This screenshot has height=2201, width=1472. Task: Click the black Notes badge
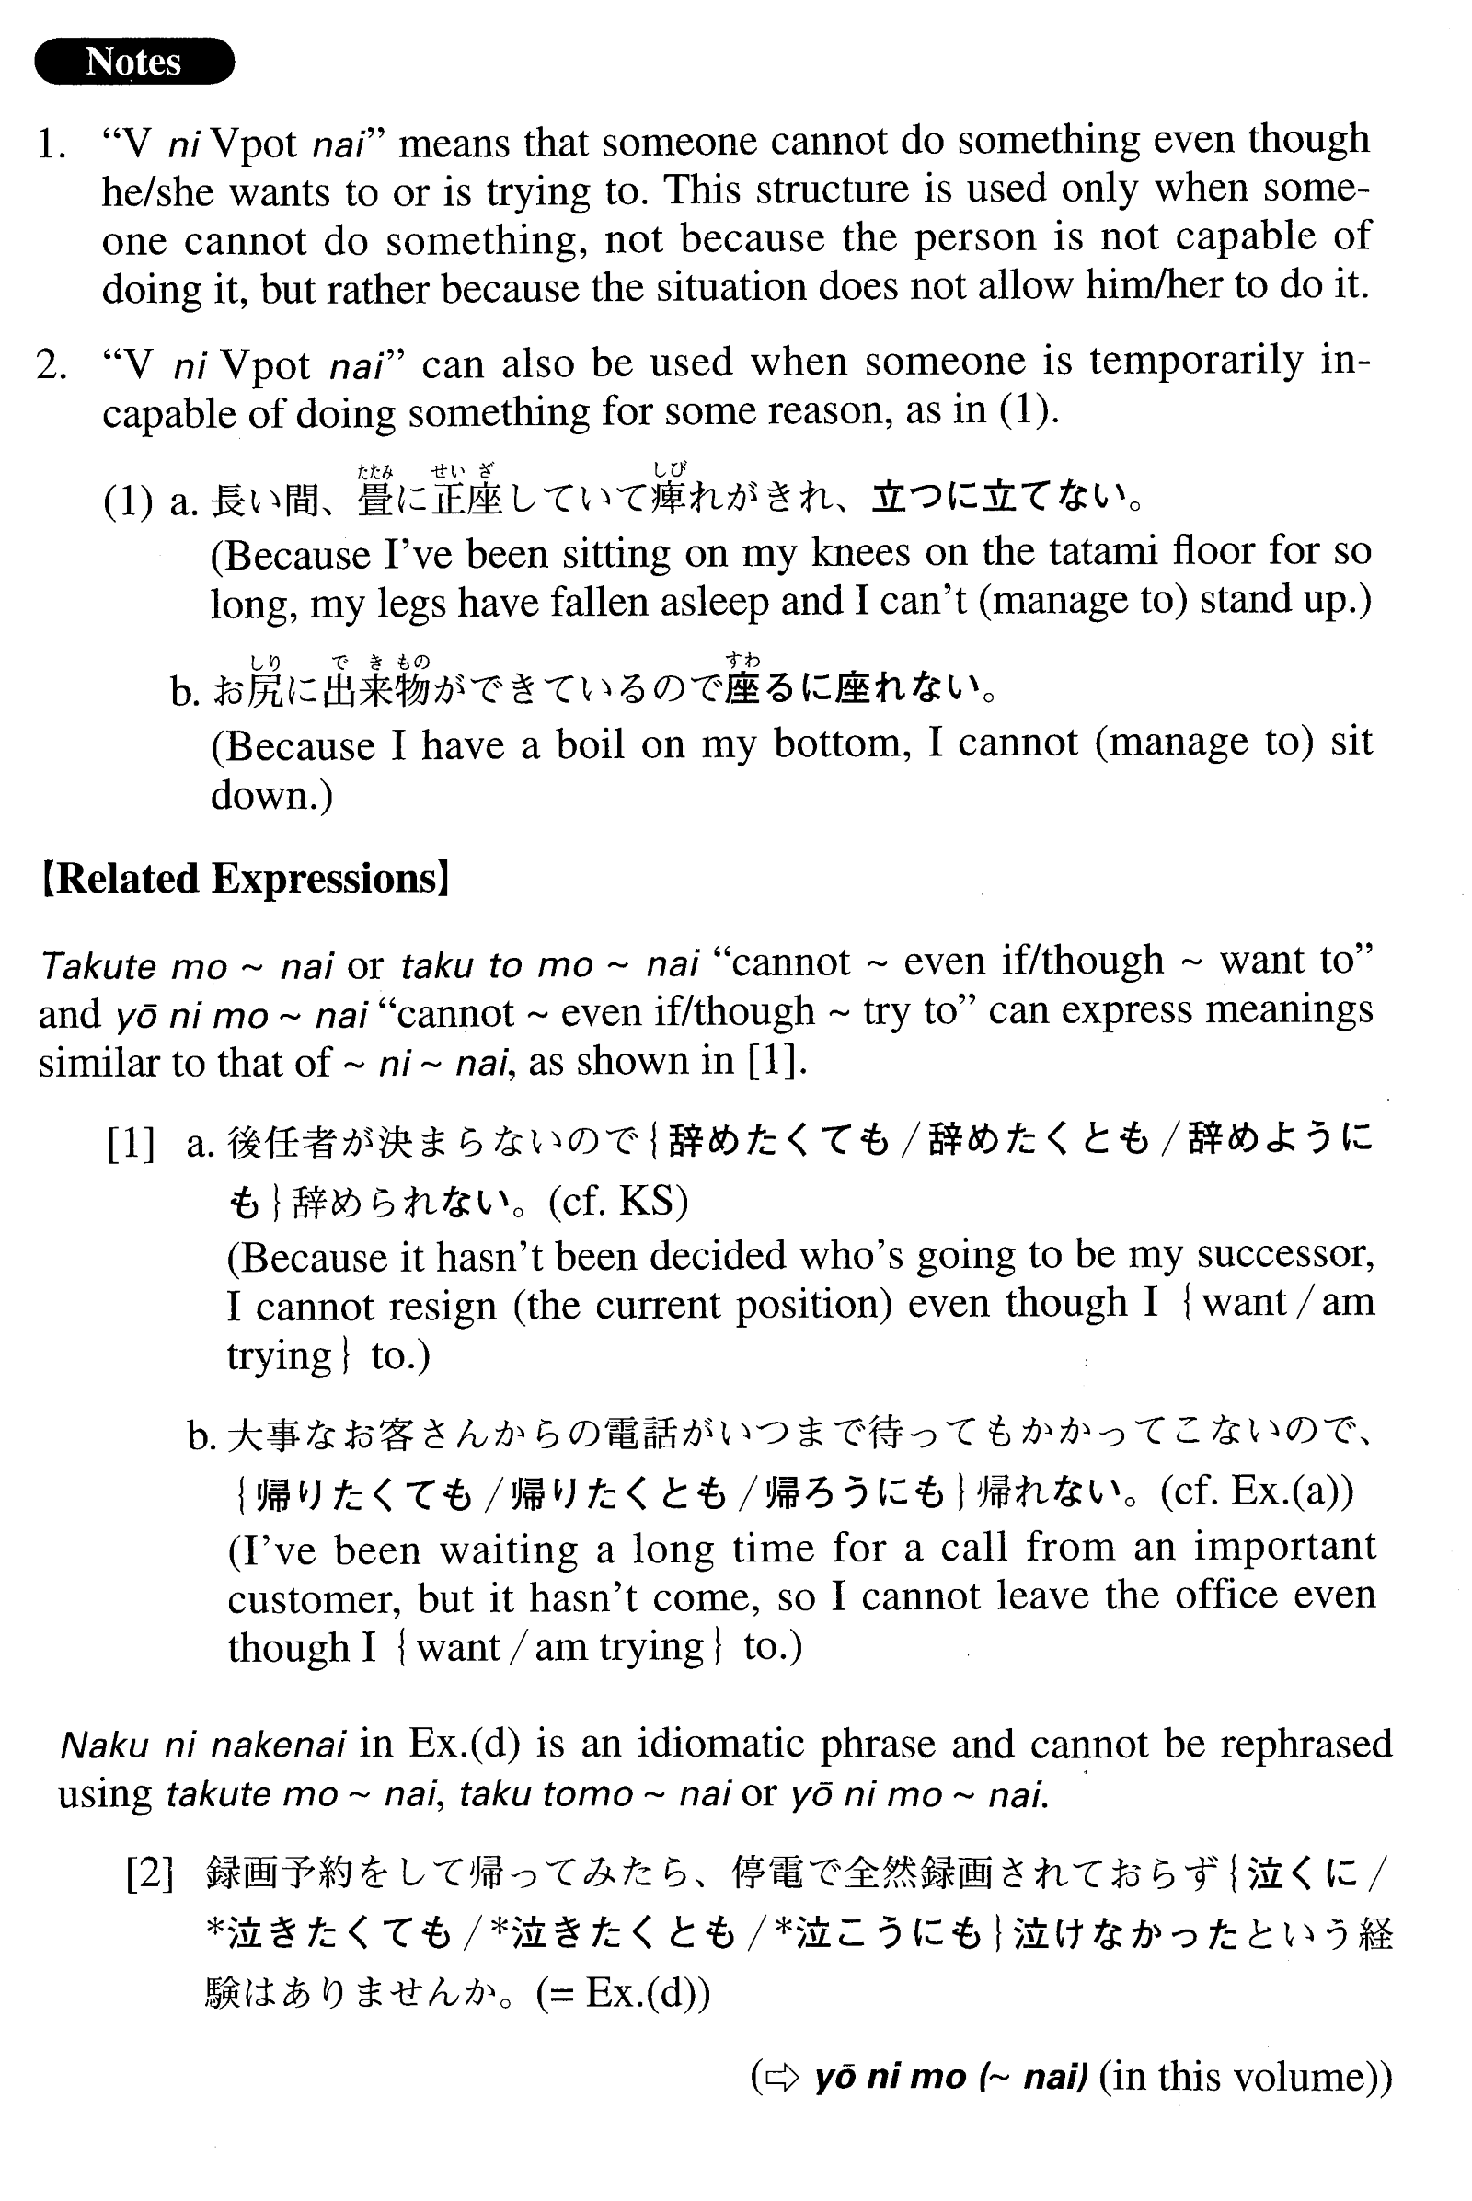click(x=134, y=62)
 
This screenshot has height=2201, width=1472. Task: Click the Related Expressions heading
click(x=245, y=879)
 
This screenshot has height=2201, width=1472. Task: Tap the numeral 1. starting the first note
click(x=51, y=144)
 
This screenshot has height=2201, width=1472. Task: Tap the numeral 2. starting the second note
click(x=52, y=364)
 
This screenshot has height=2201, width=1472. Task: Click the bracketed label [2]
click(x=150, y=1874)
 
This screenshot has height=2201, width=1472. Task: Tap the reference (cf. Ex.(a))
click(x=1256, y=1490)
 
